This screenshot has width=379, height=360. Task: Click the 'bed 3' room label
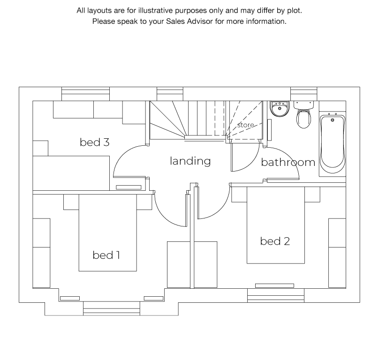[x=94, y=142]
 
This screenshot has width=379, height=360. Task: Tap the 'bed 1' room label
[x=106, y=255]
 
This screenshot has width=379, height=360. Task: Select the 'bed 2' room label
[x=275, y=241]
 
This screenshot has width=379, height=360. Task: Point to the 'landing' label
[x=190, y=161]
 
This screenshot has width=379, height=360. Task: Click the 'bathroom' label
[x=288, y=162]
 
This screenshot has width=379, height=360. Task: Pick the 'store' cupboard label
[x=245, y=125]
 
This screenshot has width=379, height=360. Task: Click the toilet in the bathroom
[x=303, y=114]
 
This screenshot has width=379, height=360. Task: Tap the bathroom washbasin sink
[x=280, y=109]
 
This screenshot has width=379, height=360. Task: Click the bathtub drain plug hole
[x=333, y=120]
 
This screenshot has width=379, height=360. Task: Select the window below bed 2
[x=276, y=295]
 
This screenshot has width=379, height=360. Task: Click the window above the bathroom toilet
[x=303, y=94]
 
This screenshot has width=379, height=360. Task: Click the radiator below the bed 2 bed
[x=274, y=285]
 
